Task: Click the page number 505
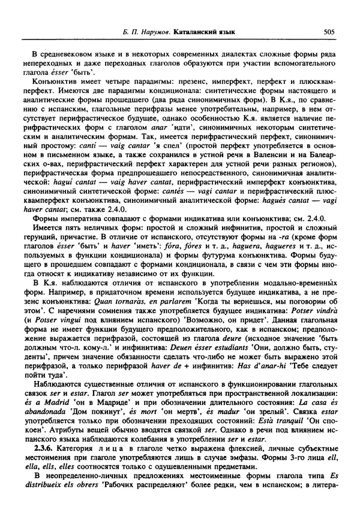(328, 29)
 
